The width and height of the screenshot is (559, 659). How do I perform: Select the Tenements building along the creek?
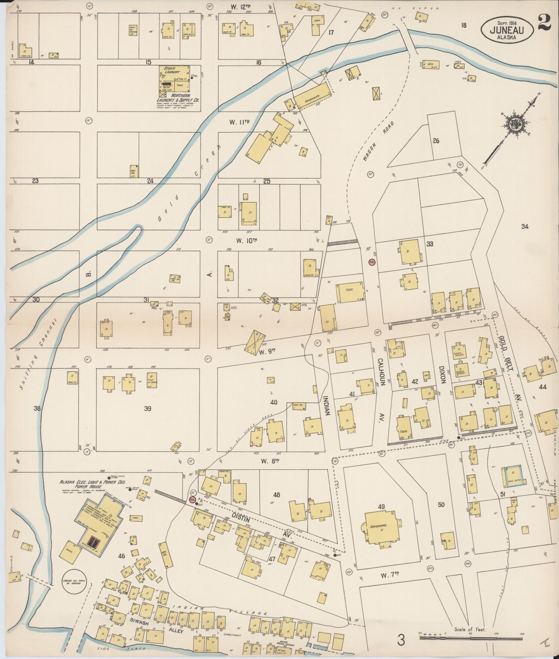click(x=313, y=97)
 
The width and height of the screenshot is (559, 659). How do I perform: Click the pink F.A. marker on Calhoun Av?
click(x=371, y=262)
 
